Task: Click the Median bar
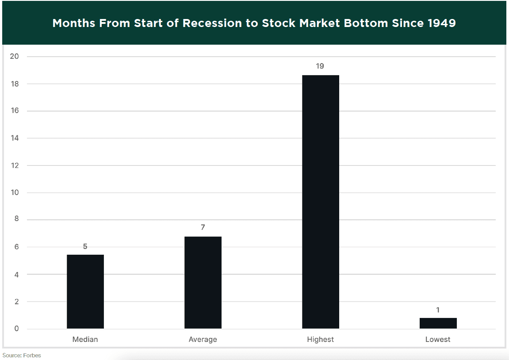pos(85,291)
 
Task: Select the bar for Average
pos(203,283)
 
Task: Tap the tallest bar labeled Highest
pos(321,202)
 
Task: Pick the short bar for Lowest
pos(438,323)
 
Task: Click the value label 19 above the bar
pos(320,66)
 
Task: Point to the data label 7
pos(203,227)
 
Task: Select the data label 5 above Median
pos(85,246)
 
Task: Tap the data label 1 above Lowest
pos(438,310)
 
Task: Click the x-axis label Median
pos(85,340)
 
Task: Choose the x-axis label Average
pos(203,340)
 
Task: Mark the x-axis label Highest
pos(321,340)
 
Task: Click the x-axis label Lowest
pos(438,340)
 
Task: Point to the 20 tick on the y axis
pos(15,57)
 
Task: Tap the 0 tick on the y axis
pos(16,329)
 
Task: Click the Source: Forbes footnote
pos(22,356)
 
